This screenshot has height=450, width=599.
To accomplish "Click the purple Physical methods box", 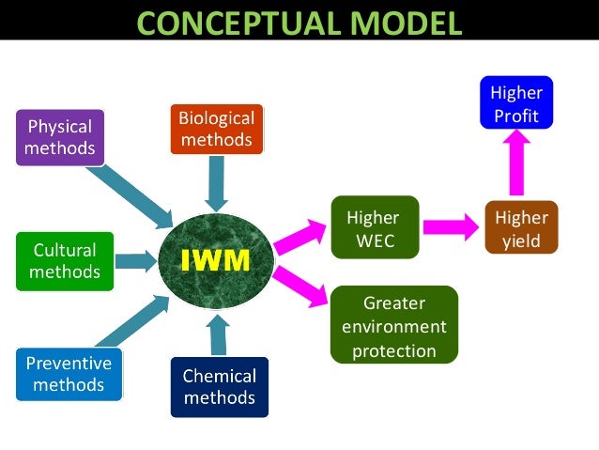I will click(59, 137).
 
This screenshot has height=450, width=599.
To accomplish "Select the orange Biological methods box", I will click(217, 129).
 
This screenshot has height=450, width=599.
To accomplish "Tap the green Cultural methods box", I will click(65, 260).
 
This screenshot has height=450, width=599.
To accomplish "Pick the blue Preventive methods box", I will click(69, 373).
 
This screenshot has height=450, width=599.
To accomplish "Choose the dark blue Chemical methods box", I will click(219, 386).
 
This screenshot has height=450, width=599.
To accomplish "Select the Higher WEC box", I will click(373, 229).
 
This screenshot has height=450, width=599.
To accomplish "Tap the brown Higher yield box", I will click(521, 228).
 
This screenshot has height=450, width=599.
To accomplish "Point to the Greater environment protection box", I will click(394, 326).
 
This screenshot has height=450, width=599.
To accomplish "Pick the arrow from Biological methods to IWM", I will click(218, 182).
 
